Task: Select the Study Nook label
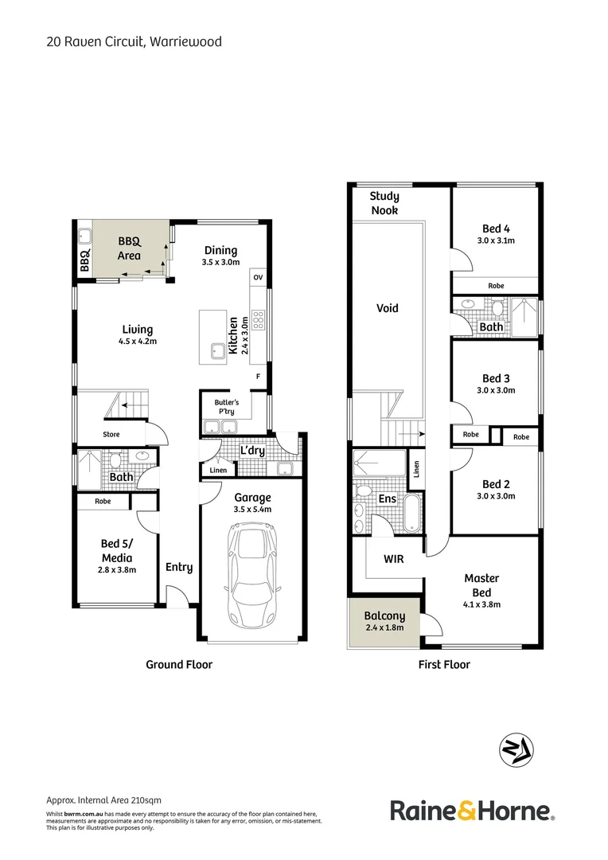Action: pos(384,203)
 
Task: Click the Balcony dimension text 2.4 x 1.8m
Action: pos(384,627)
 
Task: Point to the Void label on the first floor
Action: pos(387,308)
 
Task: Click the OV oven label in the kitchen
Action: pos(257,277)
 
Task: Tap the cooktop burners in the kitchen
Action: pos(258,319)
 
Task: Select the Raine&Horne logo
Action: pos(472,811)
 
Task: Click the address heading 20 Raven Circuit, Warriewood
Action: pos(134,41)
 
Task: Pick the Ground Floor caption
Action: pos(178,664)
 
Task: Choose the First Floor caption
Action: pos(444,664)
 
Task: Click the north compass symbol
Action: pos(516,749)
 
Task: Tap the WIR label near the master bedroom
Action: pos(393,559)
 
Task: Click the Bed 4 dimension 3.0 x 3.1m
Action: pos(497,240)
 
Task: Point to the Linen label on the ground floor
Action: pos(218,471)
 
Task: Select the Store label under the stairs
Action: pos(111,435)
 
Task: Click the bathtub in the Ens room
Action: pos(411,514)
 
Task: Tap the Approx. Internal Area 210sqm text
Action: pos(103,800)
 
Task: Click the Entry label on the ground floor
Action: pos(179,568)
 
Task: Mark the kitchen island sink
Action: pos(215,350)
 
